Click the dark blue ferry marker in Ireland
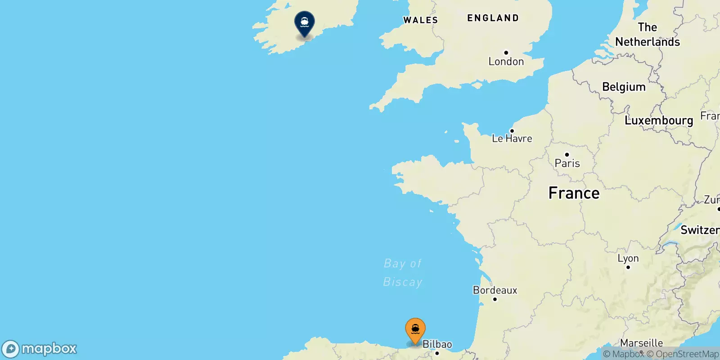[304, 23]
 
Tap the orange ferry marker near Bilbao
[415, 330]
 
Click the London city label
[506, 62]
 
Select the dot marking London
[506, 53]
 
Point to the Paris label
[567, 163]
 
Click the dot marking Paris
[567, 155]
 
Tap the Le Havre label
[512, 139]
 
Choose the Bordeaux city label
[495, 290]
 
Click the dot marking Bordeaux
[495, 299]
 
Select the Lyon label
[628, 258]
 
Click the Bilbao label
[437, 344]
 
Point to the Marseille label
[641, 343]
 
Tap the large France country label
[574, 193]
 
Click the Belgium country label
[624, 87]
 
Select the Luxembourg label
[659, 120]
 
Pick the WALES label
[420, 20]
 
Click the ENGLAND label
[493, 18]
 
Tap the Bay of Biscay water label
[403, 272]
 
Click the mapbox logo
[40, 349]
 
